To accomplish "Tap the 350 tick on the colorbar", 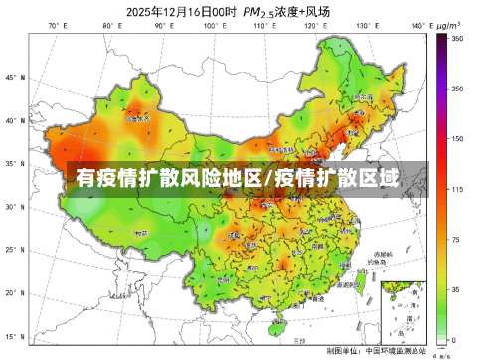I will (x=457, y=38).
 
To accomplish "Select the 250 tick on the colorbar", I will (x=457, y=89).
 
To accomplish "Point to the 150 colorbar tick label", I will (x=457, y=138).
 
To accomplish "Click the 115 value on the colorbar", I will (x=457, y=189).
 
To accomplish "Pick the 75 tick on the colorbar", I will (x=457, y=240).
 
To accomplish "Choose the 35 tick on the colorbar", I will (x=457, y=290).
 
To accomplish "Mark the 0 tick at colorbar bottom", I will (x=455, y=340).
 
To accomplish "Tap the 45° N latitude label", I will (x=13, y=77).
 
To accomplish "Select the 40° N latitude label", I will (x=13, y=120).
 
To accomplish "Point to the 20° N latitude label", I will (x=13, y=293).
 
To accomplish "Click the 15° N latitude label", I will (x=13, y=336).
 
